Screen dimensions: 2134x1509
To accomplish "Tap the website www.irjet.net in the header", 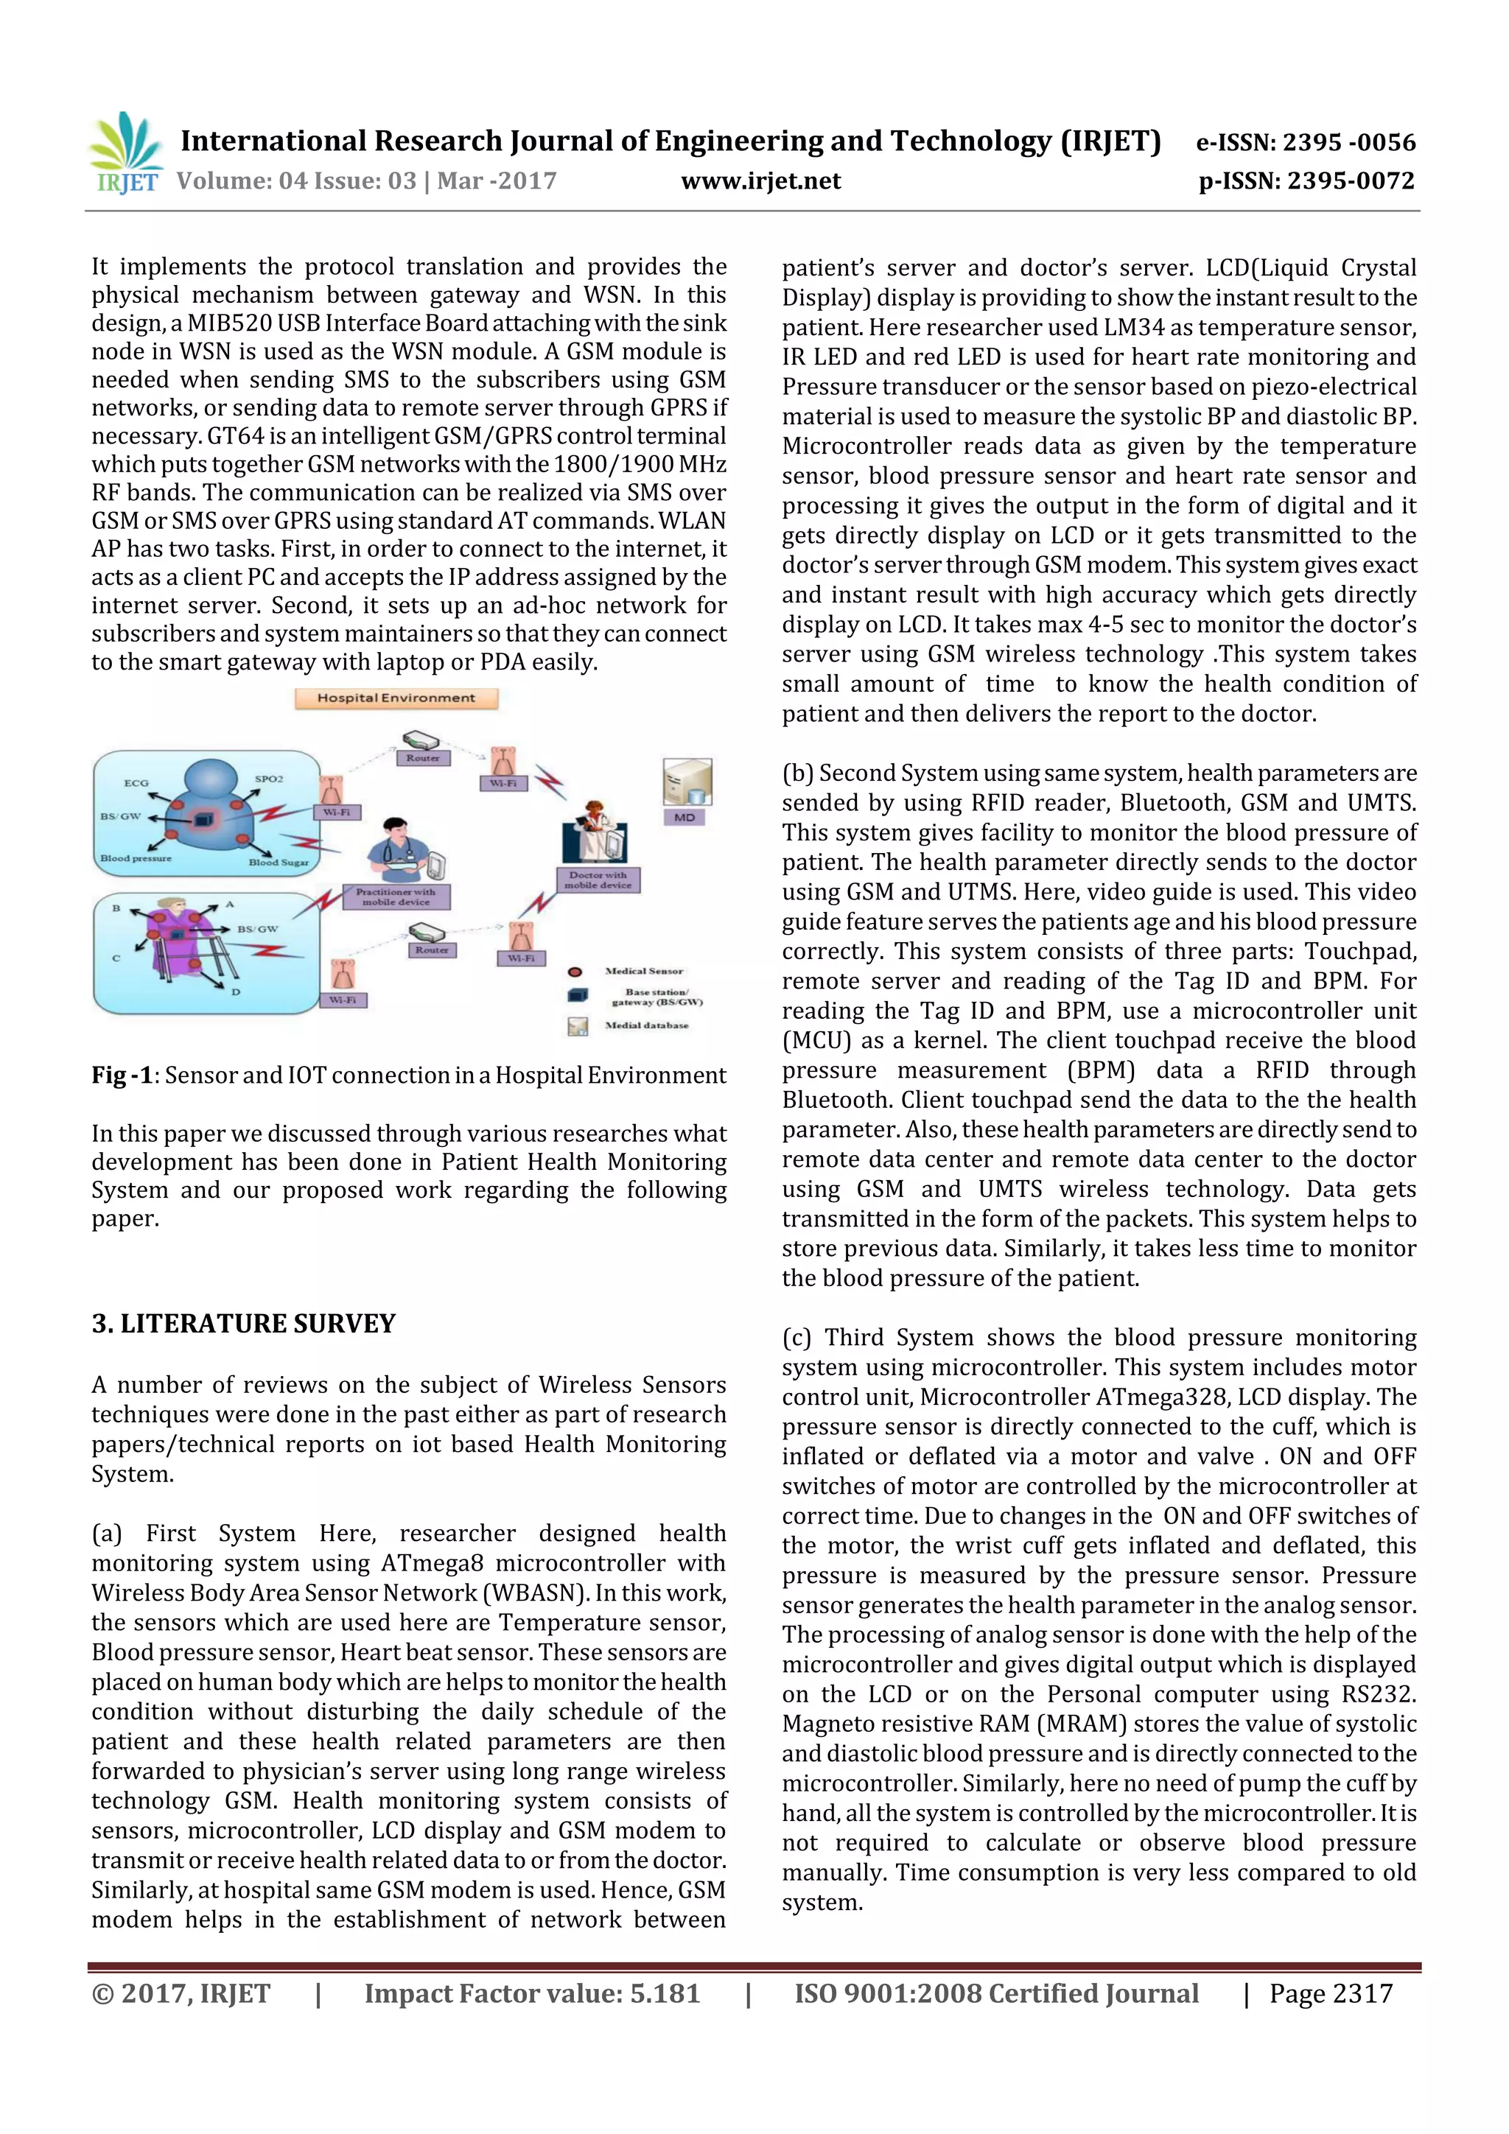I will (x=760, y=181).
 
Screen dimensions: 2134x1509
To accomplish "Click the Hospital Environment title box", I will (x=396, y=698).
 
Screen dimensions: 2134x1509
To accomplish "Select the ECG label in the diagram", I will (x=136, y=782).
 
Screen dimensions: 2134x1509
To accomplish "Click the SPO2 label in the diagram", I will (x=269, y=778).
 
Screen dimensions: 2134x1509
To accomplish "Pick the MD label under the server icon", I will (x=685, y=818).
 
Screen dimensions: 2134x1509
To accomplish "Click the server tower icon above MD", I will (x=687, y=782).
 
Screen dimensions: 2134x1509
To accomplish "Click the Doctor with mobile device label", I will (x=598, y=880).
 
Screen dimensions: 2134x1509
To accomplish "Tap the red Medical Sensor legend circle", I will (x=575, y=972).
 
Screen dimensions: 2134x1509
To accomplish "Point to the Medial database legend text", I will (x=646, y=1025).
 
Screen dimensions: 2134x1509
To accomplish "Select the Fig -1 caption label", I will (x=122, y=1075).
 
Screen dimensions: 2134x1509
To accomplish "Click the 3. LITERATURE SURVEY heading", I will (x=244, y=1324).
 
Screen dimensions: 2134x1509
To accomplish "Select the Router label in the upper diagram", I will (x=422, y=757).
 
